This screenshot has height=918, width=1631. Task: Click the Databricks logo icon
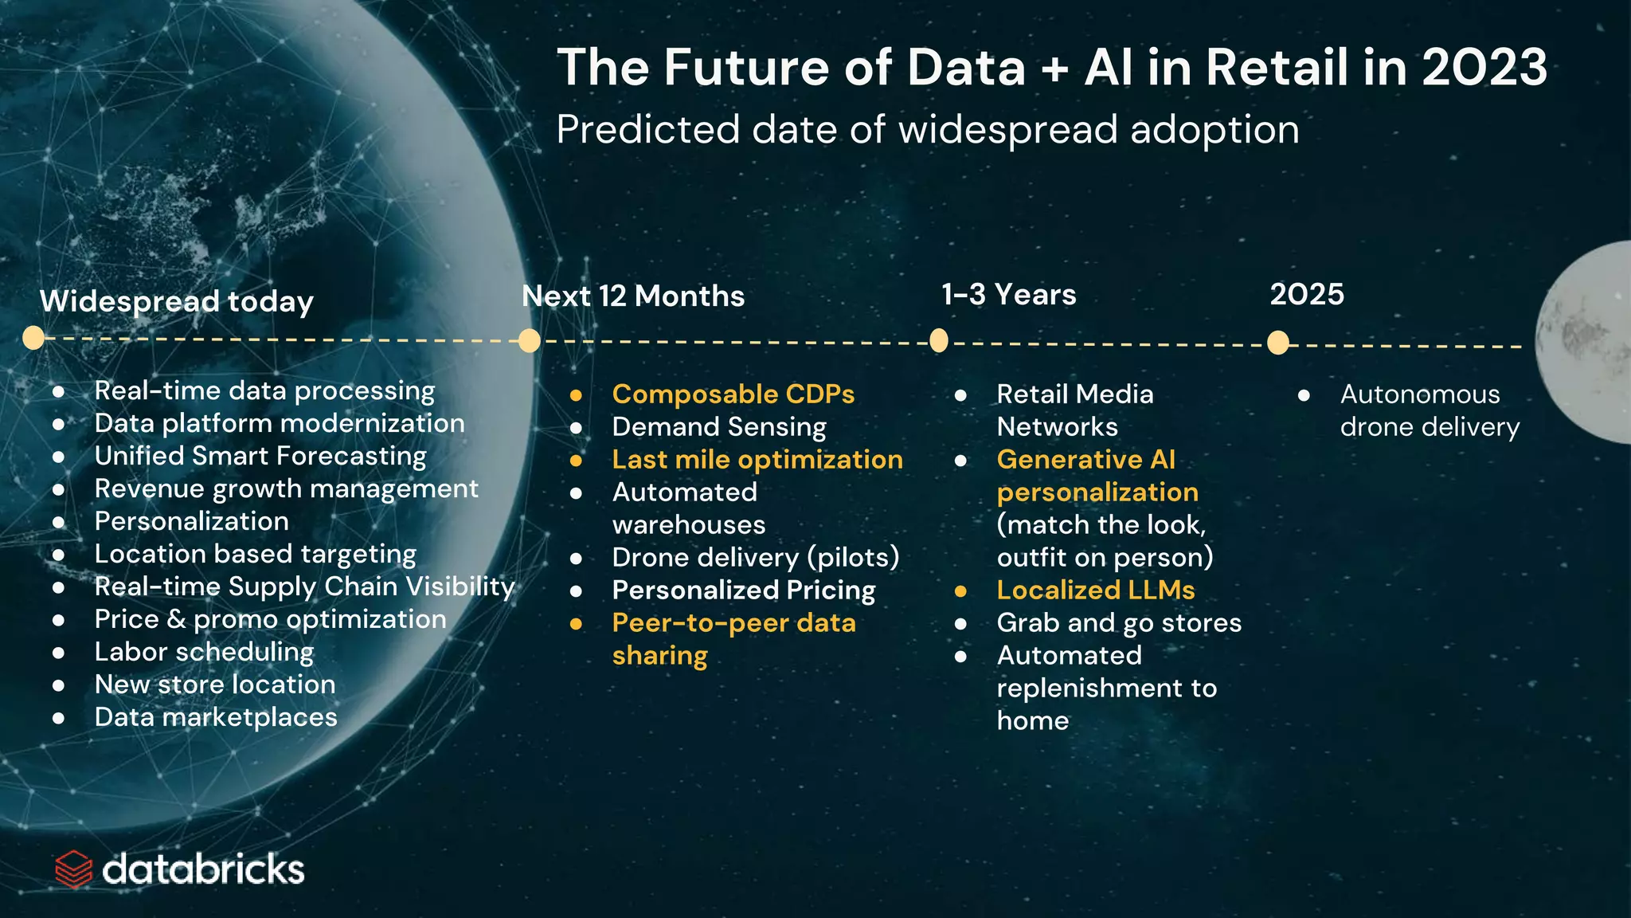(74, 869)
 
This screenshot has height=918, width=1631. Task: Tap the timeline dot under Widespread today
(33, 338)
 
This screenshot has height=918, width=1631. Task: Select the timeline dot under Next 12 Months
(529, 341)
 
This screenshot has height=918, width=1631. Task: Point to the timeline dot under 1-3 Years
(939, 341)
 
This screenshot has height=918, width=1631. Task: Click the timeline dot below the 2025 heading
(1277, 343)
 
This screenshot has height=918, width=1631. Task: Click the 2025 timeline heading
(1306, 294)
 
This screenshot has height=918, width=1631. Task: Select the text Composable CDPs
(733, 394)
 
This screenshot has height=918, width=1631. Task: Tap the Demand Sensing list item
(718, 426)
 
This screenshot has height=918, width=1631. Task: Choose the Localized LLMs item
(1095, 590)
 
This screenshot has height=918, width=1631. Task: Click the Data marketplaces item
(215, 717)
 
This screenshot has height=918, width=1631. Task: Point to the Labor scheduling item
(204, 652)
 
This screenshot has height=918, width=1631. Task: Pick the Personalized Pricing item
(743, 590)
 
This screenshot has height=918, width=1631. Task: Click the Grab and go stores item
(1118, 622)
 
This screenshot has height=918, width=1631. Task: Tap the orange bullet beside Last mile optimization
(576, 460)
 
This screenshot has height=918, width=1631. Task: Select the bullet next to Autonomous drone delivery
(1304, 394)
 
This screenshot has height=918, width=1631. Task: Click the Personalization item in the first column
(191, 521)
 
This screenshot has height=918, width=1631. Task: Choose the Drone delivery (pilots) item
(755, 557)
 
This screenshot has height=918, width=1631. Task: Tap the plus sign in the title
(1054, 69)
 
